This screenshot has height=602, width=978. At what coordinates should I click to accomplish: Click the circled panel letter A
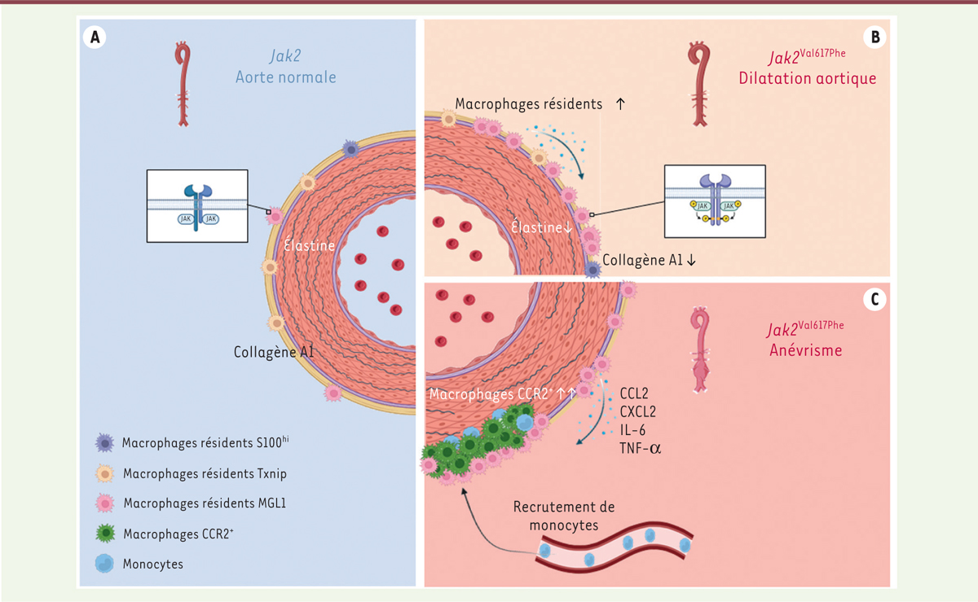point(97,37)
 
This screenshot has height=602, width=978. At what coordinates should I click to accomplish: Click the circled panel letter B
point(874,37)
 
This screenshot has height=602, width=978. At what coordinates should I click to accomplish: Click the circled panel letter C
point(874,300)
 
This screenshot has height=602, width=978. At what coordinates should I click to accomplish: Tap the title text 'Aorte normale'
point(285,77)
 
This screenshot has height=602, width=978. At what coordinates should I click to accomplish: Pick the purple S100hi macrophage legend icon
point(105,442)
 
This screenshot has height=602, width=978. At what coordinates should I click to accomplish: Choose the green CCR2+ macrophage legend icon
point(105,534)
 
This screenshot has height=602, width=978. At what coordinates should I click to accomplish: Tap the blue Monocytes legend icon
point(105,564)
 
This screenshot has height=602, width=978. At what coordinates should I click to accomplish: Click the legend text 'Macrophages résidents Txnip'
point(205,473)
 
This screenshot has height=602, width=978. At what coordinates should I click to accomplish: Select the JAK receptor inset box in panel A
point(198,206)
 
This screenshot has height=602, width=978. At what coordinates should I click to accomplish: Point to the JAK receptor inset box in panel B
point(715,204)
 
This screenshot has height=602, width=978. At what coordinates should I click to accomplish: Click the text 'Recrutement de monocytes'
point(564,516)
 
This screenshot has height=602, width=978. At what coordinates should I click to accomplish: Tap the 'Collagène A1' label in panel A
point(274,352)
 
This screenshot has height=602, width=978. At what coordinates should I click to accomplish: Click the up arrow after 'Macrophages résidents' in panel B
point(621,104)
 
